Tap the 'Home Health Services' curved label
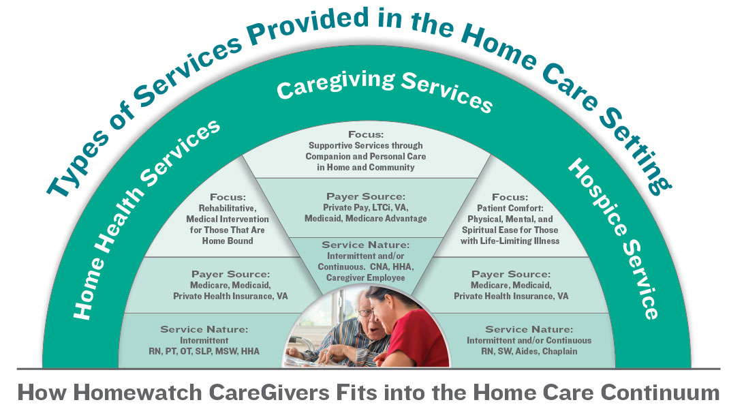(x=144, y=219)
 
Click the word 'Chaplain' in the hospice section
(x=560, y=352)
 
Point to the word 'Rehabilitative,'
(x=228, y=209)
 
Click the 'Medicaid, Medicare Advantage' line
(x=365, y=218)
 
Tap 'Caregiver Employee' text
(x=365, y=277)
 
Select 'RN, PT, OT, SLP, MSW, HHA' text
(x=204, y=352)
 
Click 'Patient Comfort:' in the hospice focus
(x=510, y=209)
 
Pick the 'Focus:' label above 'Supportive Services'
(x=366, y=135)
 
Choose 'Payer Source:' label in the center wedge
(x=366, y=197)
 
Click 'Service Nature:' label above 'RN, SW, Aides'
(x=529, y=329)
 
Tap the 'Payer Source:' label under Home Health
(x=230, y=274)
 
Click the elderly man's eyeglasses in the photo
(x=366, y=312)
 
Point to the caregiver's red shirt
(x=418, y=341)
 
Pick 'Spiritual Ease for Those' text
(x=510, y=230)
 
